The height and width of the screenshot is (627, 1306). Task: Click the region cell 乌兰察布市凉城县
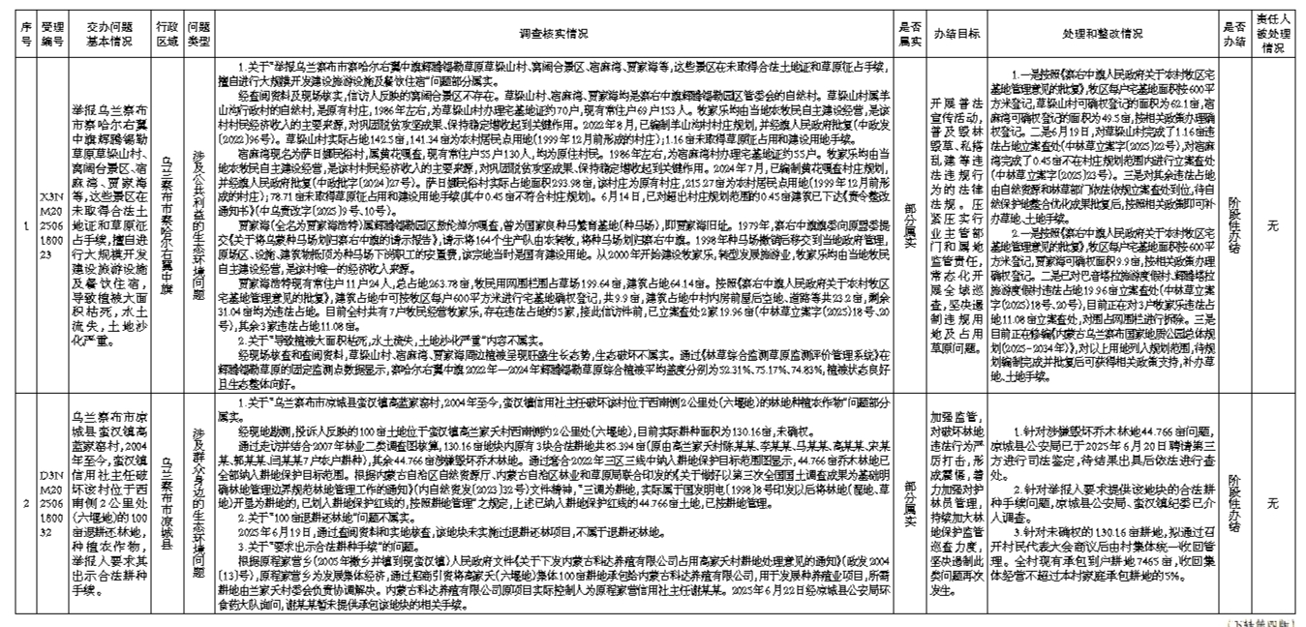(x=168, y=503)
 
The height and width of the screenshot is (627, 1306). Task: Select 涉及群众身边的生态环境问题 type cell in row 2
(x=198, y=503)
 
